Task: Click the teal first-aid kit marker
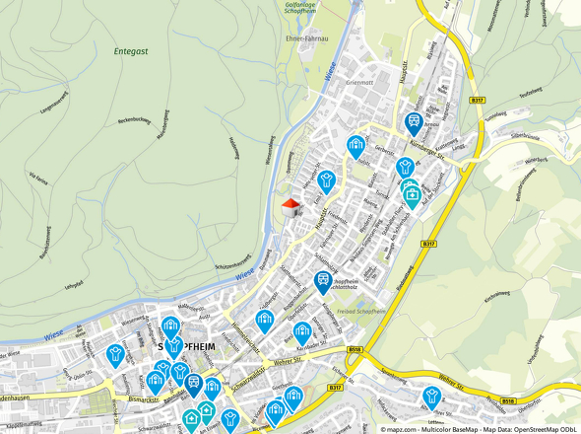tap(413, 194)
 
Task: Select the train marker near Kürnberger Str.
tap(415, 123)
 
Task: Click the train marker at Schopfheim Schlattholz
tap(322, 281)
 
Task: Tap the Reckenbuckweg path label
tap(133, 121)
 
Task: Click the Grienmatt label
tap(360, 83)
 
